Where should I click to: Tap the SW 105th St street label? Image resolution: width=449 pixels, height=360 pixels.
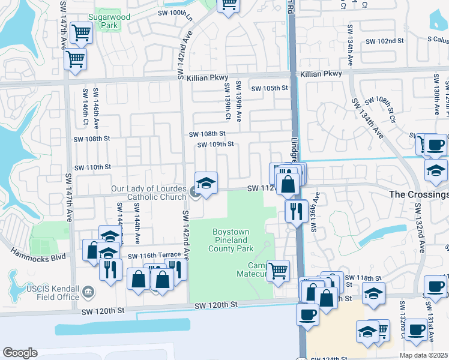coord(270,88)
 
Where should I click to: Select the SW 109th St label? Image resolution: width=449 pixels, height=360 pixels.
coord(215,145)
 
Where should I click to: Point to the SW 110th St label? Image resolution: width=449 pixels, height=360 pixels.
coord(92,167)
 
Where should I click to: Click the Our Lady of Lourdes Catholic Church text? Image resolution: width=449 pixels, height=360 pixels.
coord(148,193)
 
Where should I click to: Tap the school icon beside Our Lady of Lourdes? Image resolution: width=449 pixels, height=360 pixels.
coord(206,183)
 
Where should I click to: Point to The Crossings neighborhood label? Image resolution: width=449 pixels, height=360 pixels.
coord(418,194)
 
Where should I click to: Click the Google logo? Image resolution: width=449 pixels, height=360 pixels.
coord(20,353)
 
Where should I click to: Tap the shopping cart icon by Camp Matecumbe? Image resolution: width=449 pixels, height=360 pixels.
coord(278,271)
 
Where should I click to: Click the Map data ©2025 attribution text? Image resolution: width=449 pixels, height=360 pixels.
coord(423,355)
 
